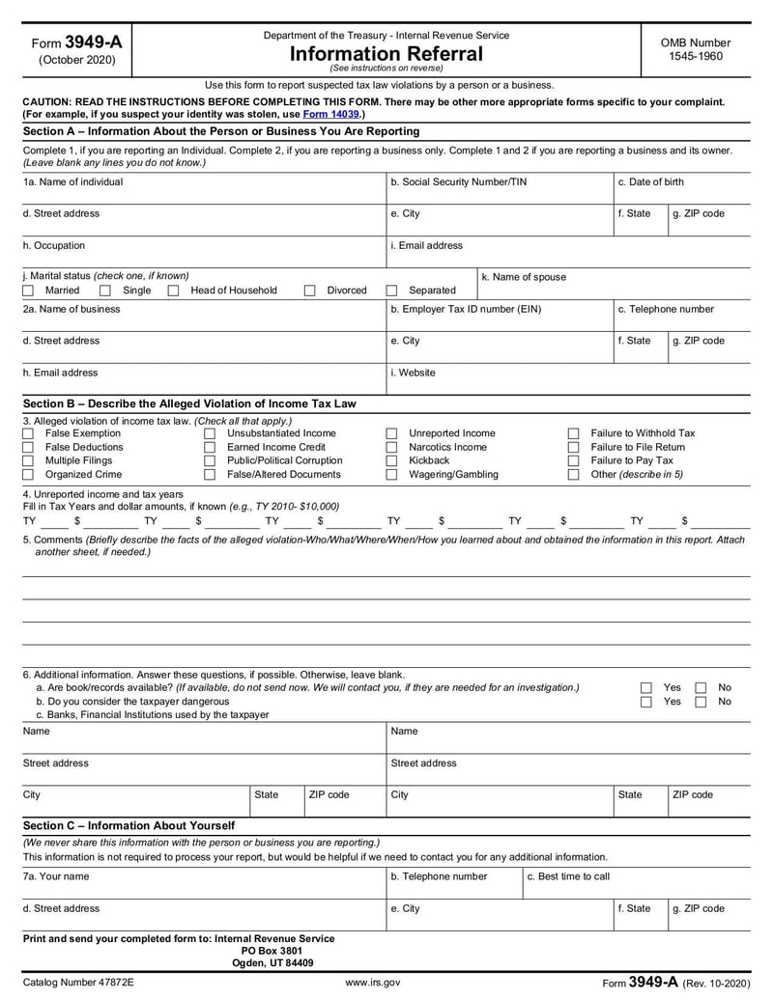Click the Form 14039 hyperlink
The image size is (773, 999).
pos(331,114)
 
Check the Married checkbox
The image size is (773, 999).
pos(28,291)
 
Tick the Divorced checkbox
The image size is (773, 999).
pos(310,291)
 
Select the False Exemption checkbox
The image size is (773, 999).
pos(28,434)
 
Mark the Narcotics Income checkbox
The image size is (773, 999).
pos(392,448)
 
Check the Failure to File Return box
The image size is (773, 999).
pos(573,448)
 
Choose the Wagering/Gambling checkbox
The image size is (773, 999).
pos(392,475)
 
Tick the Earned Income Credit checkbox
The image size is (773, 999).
pos(210,448)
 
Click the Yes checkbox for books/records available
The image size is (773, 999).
pos(646,688)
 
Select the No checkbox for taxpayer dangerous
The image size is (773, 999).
pos(701,702)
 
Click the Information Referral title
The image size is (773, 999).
pos(386,54)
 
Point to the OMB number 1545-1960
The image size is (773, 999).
pos(695,57)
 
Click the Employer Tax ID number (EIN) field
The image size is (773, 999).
pos(498,319)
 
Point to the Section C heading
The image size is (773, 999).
pos(129,826)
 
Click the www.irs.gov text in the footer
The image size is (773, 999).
pos(372,983)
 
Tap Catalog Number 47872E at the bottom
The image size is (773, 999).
pos(78,983)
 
